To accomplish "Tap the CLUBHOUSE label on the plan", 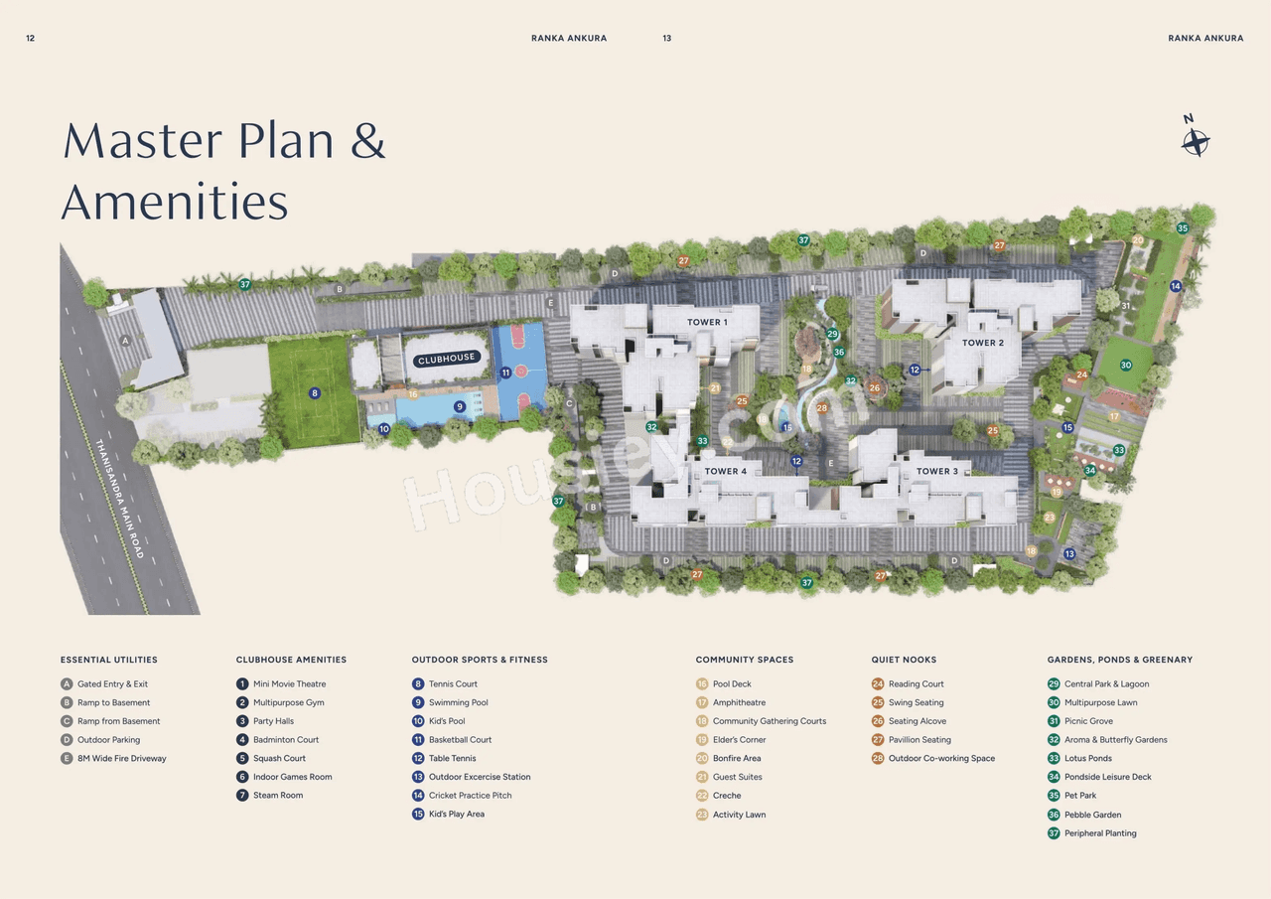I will (x=447, y=358).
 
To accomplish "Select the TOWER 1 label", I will (x=707, y=322).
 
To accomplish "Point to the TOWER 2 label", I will (x=982, y=343).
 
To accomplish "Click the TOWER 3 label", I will (x=936, y=471).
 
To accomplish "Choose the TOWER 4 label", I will (x=726, y=471).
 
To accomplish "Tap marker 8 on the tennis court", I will (x=315, y=393).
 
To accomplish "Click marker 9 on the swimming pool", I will (x=460, y=406).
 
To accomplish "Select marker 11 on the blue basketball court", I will (x=505, y=373).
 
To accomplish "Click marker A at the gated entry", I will (x=125, y=340).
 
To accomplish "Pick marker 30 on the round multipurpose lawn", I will (x=1126, y=366).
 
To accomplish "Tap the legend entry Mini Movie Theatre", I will (x=289, y=683).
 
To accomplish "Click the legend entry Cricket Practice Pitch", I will (x=470, y=796).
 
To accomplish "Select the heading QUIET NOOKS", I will (x=904, y=660).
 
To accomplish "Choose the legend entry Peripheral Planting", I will (x=1100, y=833).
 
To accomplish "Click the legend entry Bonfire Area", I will (x=736, y=758).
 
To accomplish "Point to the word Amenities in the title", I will (x=175, y=202).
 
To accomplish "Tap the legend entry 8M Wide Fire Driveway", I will (x=121, y=758).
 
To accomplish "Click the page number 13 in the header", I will (x=666, y=38).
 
